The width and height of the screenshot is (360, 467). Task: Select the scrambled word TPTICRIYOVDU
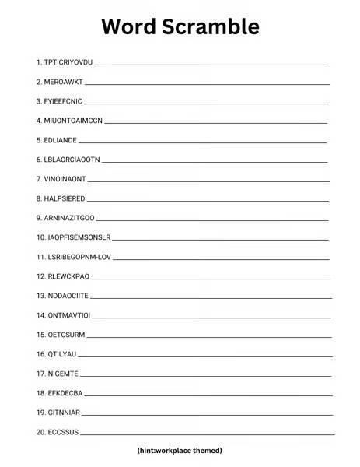69,61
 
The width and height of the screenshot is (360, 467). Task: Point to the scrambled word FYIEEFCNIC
65,100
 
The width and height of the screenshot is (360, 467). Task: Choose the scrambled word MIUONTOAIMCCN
75,120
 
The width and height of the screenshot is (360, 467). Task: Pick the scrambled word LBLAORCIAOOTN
73,160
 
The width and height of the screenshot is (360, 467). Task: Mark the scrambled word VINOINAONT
68,179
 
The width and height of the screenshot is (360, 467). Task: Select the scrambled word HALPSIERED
68,198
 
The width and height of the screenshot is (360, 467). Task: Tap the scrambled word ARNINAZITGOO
72,218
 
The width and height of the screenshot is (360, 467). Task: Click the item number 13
40,296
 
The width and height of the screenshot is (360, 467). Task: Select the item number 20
40,432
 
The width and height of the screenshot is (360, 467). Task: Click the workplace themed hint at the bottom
180,451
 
